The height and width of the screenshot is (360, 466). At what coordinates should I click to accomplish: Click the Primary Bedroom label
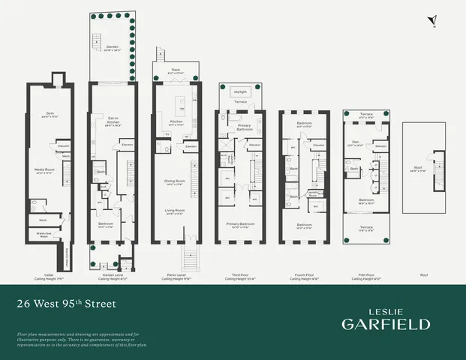coord(239,224)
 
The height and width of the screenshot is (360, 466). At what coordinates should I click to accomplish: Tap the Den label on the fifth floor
coord(357,144)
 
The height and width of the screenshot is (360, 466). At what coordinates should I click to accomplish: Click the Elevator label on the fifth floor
coord(381,145)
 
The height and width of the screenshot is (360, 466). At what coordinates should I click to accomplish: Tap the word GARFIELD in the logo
coord(386,324)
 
